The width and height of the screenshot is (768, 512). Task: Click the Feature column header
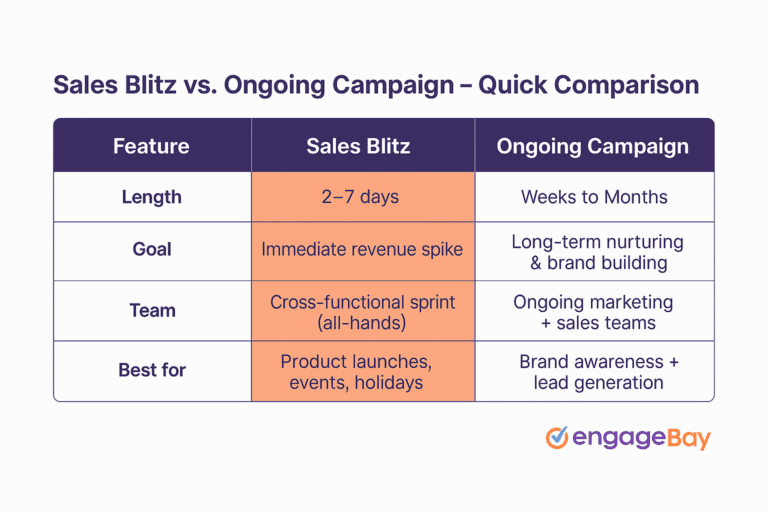151,146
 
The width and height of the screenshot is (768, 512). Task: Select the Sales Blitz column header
358,146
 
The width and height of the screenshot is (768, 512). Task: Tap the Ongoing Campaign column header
594,146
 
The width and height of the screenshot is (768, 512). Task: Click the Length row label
151,197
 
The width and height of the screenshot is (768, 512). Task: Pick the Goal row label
151,250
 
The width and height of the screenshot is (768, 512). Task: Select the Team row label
151,310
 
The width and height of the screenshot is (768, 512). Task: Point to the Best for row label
151,370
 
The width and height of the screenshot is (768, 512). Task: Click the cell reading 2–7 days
360,197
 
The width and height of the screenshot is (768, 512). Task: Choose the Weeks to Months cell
594,197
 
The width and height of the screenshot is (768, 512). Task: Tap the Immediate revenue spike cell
362,250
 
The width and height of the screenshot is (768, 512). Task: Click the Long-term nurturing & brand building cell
596,251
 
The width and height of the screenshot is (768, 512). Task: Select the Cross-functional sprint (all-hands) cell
362,311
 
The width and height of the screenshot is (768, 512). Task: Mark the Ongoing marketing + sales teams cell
594,311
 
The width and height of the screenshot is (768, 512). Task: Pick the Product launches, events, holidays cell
362,371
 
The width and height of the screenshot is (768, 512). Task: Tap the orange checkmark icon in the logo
557,437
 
